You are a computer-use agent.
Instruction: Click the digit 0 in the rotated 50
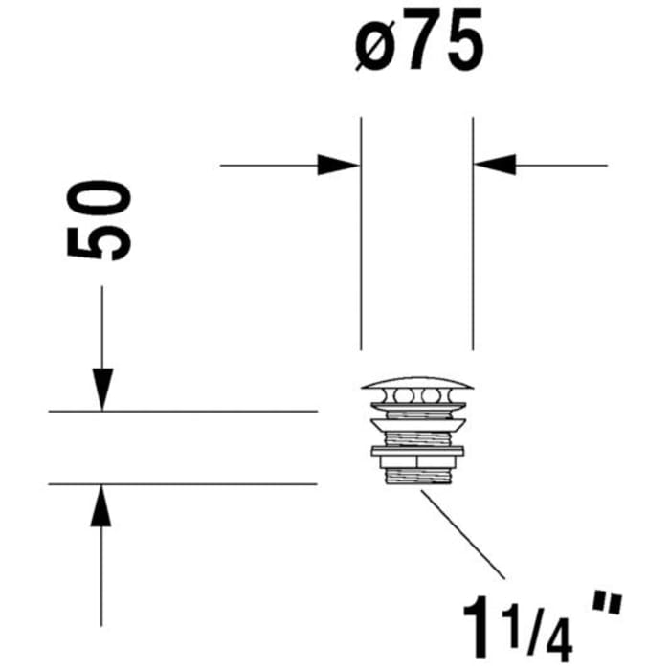click(100, 200)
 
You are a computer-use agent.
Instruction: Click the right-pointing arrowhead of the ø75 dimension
click(339, 165)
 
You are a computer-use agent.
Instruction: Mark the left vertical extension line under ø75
click(361, 239)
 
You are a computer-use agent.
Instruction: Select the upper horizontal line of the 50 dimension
click(182, 412)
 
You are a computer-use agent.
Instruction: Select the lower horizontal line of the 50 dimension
click(182, 484)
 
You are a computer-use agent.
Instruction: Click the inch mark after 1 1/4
click(605, 604)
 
